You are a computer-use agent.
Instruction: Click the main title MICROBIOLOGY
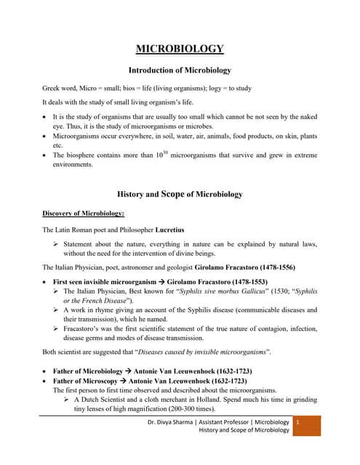[x=180, y=49]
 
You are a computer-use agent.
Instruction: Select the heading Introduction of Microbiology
[x=180, y=70]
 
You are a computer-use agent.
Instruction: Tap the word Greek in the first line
[x=53, y=89]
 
